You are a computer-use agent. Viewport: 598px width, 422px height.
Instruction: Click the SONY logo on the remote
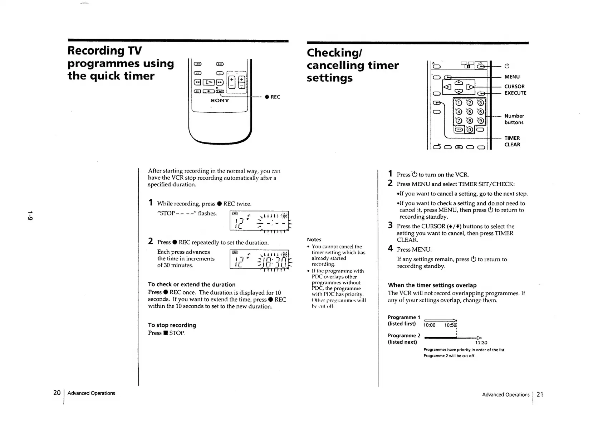(220, 101)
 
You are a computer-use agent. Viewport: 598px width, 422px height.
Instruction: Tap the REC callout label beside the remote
(275, 97)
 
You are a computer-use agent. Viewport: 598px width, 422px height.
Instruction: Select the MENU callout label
(512, 77)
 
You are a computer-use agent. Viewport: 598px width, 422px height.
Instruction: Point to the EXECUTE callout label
(515, 93)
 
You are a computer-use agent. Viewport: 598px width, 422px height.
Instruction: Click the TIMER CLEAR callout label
(512, 141)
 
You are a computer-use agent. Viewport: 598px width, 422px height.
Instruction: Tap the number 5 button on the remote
(470, 112)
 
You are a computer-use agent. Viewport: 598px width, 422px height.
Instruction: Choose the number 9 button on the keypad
(480, 121)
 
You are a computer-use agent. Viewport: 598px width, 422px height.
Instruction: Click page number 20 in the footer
(57, 393)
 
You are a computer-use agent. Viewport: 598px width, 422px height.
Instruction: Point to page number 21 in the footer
(540, 394)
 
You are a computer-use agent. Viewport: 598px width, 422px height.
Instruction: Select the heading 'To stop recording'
(172, 325)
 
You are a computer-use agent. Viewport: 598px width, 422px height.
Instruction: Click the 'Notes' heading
(314, 239)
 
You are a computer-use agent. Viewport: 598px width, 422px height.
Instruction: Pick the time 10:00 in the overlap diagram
(429, 325)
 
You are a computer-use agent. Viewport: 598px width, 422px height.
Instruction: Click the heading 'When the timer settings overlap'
(432, 285)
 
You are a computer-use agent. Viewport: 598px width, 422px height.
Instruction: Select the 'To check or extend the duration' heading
(192, 285)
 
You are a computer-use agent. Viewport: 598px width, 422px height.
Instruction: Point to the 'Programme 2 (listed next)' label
(404, 339)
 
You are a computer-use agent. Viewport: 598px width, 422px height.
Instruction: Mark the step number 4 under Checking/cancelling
(390, 248)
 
